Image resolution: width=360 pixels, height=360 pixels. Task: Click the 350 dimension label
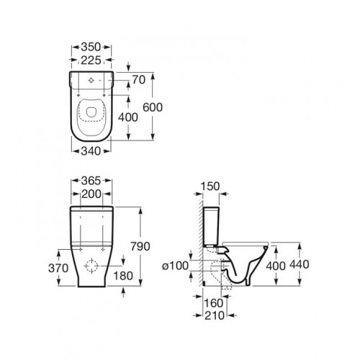click(91, 47)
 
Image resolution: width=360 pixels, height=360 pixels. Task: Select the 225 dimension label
click(91, 60)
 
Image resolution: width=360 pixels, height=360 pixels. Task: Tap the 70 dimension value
click(139, 80)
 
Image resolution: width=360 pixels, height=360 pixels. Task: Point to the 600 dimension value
click(153, 107)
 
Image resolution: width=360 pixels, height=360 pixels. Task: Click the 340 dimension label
click(91, 151)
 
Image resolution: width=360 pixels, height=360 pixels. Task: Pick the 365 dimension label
click(91, 181)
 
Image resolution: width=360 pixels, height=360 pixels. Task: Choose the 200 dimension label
click(91, 194)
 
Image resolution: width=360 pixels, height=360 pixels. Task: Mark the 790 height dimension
click(140, 246)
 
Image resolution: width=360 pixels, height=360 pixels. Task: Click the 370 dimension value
click(58, 268)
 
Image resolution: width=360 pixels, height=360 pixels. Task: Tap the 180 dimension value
click(123, 276)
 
